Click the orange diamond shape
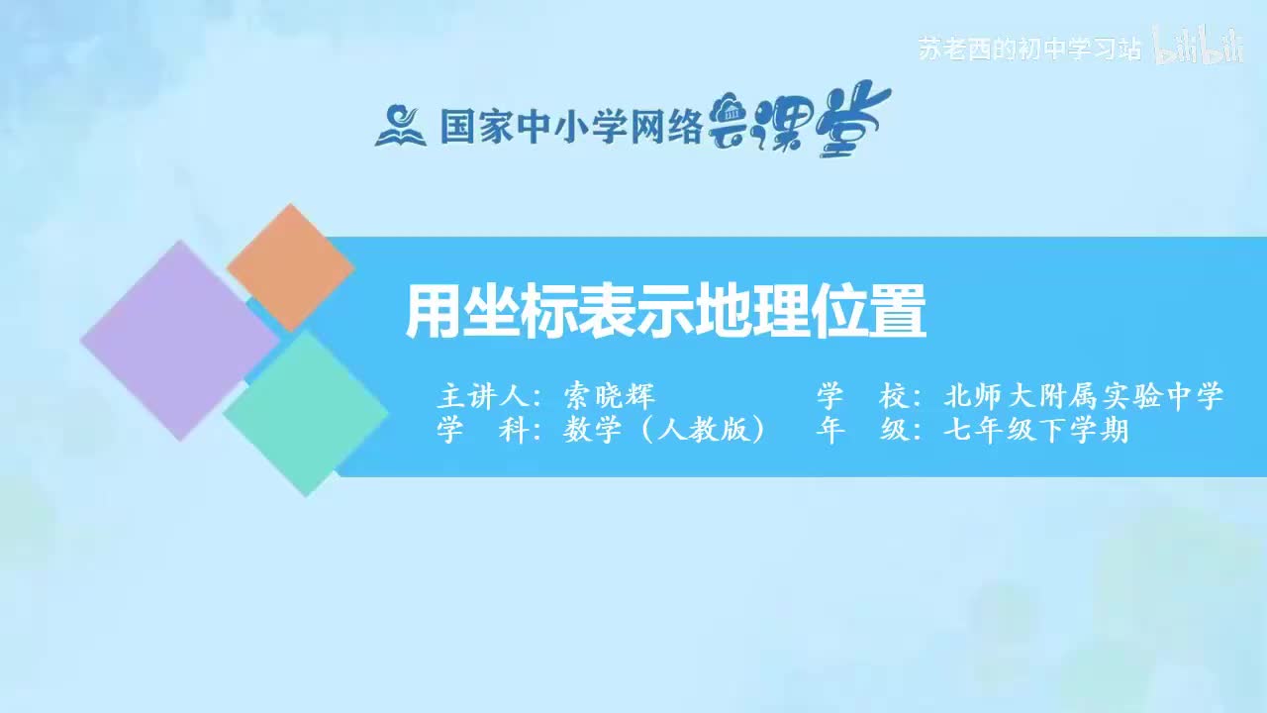click(290, 267)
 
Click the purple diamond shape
click(179, 340)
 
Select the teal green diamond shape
click(306, 413)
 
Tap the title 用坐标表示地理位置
click(665, 312)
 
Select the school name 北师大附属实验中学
click(1084, 397)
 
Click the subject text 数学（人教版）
click(665, 431)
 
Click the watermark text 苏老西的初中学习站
click(1029, 51)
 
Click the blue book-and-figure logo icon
click(400, 125)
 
